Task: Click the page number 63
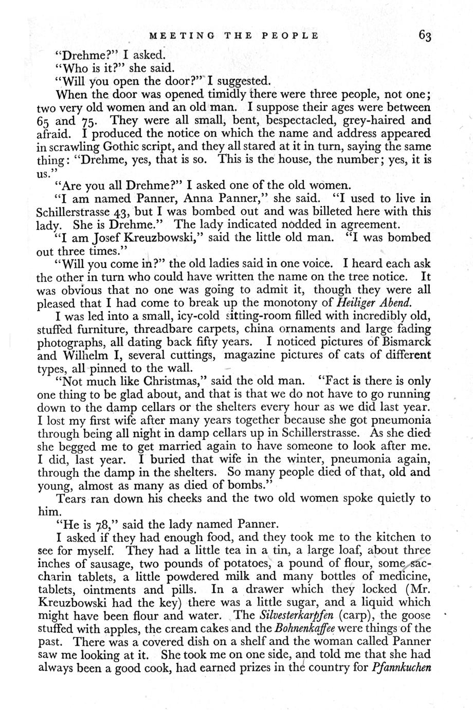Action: [x=425, y=35]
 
